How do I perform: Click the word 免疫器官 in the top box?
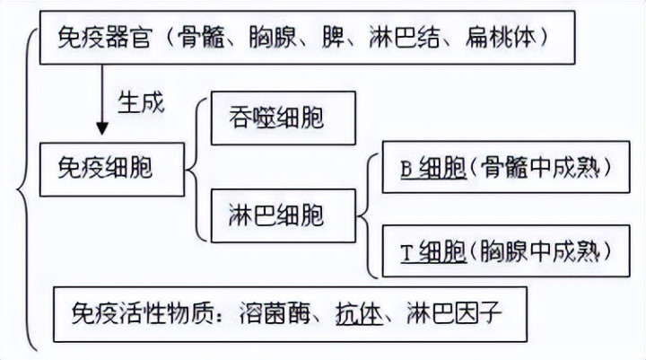click(x=101, y=39)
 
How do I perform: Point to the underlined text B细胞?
click(x=432, y=166)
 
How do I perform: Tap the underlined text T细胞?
click(x=432, y=243)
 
